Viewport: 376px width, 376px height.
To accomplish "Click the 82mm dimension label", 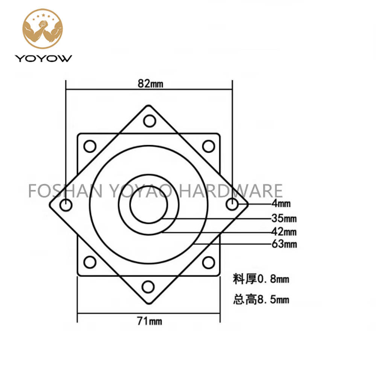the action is [150, 84].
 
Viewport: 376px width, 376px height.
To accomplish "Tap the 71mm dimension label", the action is [149, 321].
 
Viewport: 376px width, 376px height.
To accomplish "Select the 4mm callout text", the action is [281, 203].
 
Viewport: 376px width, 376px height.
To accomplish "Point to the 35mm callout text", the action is [284, 218].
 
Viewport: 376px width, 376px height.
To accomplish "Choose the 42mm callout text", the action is [284, 232].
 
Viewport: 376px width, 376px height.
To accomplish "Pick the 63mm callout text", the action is [284, 244].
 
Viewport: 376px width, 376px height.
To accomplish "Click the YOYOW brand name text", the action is [43, 59].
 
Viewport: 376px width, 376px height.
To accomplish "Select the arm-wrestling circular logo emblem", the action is [43, 29].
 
